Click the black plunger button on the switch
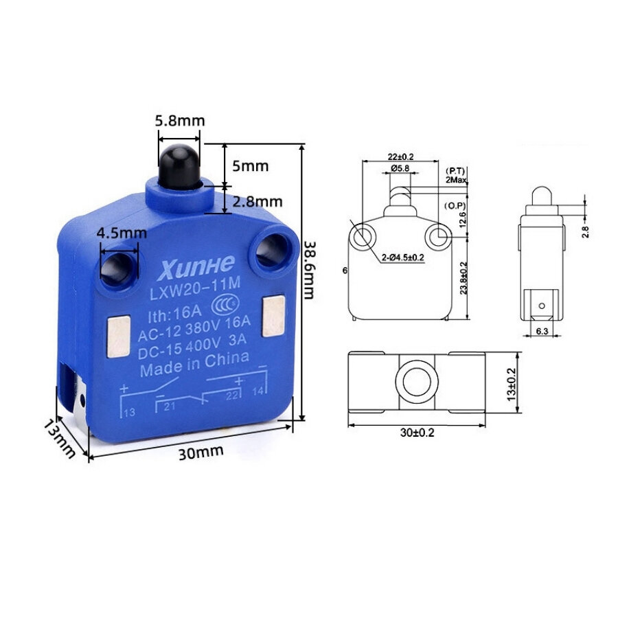point(180,166)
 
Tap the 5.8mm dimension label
point(180,120)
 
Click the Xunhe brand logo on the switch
point(196,267)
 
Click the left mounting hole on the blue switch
point(118,270)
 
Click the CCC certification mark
point(225,306)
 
